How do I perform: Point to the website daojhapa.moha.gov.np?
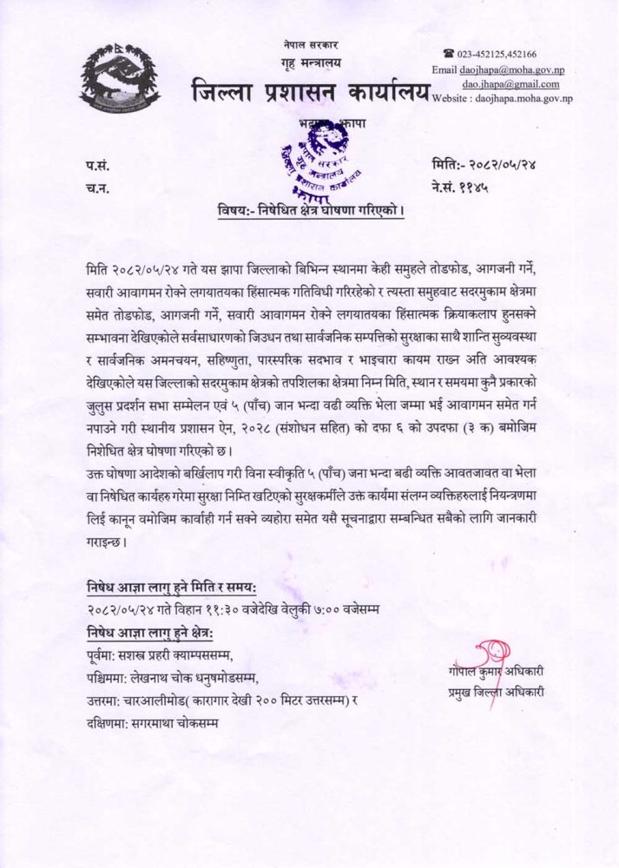click(x=501, y=100)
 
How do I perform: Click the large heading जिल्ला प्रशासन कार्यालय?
click(x=307, y=89)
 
